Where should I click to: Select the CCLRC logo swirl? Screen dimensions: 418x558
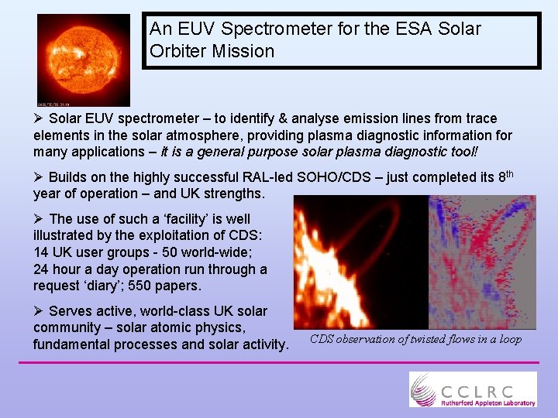425,388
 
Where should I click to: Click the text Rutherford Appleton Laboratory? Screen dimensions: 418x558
488,403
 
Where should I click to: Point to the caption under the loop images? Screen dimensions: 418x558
415,339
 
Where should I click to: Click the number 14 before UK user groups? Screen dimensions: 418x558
42,252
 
